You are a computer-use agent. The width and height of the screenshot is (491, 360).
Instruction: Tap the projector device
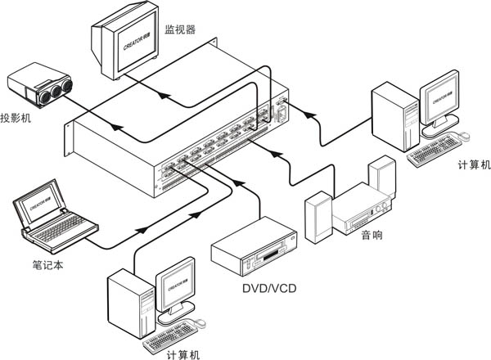[x=38, y=88]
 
